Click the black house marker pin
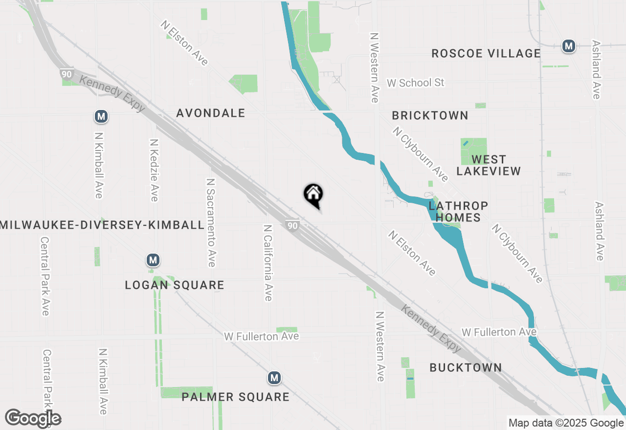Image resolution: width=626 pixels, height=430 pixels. click(313, 194)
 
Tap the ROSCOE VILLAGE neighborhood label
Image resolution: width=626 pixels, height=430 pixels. click(486, 53)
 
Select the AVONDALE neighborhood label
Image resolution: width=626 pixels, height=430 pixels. click(210, 113)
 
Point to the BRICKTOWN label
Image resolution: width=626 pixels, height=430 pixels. click(430, 116)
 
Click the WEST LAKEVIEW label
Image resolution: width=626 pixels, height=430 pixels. click(489, 165)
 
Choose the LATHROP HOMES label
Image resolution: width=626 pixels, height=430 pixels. click(458, 211)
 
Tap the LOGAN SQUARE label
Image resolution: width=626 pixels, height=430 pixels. click(175, 285)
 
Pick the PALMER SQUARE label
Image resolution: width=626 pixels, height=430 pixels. click(235, 397)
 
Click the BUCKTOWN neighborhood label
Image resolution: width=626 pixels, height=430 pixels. click(466, 367)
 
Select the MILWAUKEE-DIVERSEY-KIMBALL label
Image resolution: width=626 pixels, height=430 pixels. click(102, 225)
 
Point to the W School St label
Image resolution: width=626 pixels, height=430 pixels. click(415, 83)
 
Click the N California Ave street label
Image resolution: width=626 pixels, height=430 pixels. click(268, 262)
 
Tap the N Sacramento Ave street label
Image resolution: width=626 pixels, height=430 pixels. click(211, 222)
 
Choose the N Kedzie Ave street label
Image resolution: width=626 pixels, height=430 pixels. click(154, 170)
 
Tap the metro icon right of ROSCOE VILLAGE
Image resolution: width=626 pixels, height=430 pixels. click(568, 46)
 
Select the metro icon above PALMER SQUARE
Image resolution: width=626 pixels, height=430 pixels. click(274, 377)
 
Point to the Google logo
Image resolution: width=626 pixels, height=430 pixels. click(33, 418)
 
